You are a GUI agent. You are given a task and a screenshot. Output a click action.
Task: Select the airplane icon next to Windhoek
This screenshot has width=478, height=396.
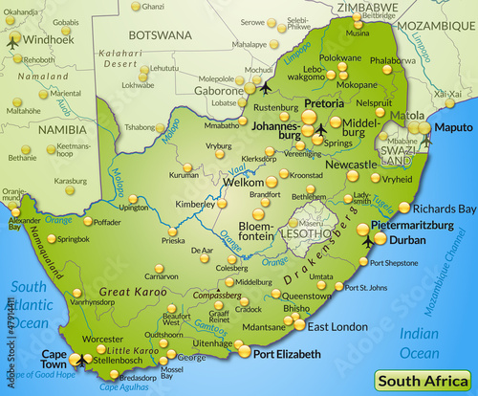click(13, 42)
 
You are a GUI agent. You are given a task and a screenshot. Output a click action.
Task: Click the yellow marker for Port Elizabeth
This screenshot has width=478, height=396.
click(245, 351)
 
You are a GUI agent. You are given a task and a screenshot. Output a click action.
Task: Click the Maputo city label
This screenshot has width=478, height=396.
click(453, 127)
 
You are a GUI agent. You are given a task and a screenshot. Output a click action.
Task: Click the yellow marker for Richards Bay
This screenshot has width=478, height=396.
click(404, 208)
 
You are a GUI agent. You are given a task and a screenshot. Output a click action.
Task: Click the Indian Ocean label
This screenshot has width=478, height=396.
click(420, 342)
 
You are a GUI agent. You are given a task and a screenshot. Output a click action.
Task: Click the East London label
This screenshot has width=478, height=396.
click(337, 326)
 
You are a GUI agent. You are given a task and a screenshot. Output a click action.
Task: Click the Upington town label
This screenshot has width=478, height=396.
click(133, 206)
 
